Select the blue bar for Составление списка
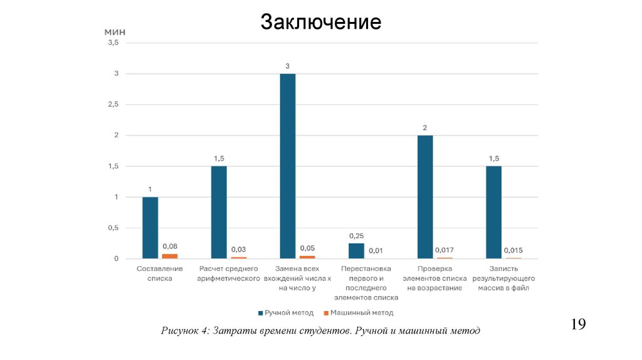click(x=150, y=228)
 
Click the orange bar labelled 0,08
click(x=169, y=256)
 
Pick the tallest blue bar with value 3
click(x=288, y=166)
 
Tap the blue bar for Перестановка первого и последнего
click(x=356, y=251)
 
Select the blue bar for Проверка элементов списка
click(x=425, y=197)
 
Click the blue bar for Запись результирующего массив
click(x=493, y=212)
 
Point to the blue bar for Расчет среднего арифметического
click(x=219, y=212)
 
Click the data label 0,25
click(x=356, y=236)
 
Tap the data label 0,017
click(x=445, y=251)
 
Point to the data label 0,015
click(x=513, y=251)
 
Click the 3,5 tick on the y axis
click(x=113, y=43)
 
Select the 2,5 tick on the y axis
click(x=113, y=105)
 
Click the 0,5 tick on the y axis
click(x=113, y=228)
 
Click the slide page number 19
click(x=578, y=324)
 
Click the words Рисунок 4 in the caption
click(x=185, y=331)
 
